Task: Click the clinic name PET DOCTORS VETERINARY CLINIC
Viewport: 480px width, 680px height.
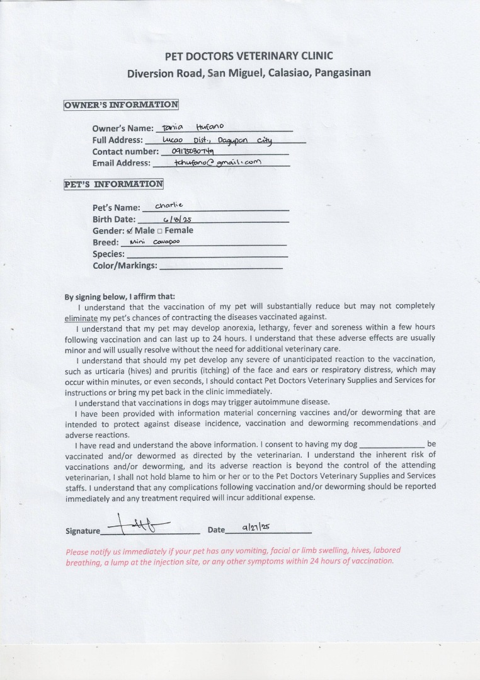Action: click(x=249, y=56)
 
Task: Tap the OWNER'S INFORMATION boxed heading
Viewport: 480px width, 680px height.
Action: click(x=121, y=105)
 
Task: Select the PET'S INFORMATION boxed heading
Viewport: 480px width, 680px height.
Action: click(x=113, y=184)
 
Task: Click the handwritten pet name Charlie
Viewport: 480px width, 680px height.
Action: click(x=169, y=205)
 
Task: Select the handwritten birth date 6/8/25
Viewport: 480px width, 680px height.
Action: click(x=177, y=220)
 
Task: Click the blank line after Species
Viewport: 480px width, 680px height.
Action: click(x=207, y=255)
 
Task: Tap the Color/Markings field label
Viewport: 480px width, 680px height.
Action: click(x=125, y=266)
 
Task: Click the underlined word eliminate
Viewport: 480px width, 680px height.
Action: click(x=81, y=317)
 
